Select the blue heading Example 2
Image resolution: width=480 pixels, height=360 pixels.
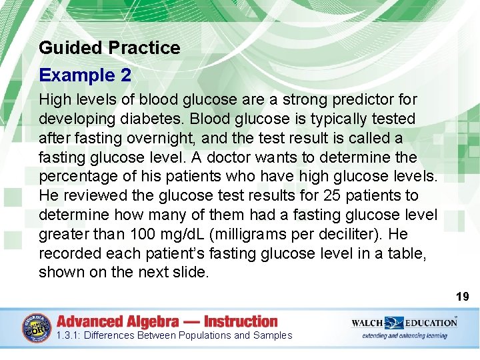[85, 75]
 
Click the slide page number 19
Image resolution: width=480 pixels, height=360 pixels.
[462, 296]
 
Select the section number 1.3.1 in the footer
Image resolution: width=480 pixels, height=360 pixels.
[68, 335]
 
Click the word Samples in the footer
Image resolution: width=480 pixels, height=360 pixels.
[273, 335]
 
